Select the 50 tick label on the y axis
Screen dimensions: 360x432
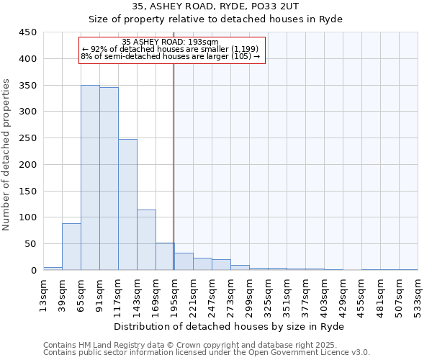click(31, 244)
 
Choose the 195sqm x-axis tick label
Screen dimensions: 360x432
click(174, 294)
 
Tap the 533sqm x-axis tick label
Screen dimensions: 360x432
click(418, 294)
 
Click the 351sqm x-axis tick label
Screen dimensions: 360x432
click(287, 294)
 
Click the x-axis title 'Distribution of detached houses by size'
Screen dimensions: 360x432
click(230, 326)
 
